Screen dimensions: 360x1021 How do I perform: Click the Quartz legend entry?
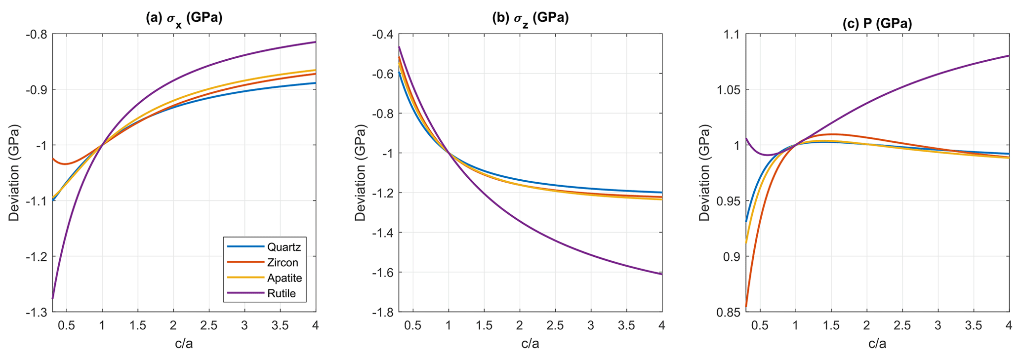[x=284, y=247]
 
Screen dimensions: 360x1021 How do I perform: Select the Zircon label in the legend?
[x=283, y=262]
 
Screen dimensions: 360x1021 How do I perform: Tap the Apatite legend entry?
[x=284, y=278]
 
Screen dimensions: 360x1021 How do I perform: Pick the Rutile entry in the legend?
[x=281, y=293]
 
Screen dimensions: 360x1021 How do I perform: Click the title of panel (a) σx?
[x=184, y=18]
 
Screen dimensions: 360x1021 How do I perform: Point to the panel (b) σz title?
[x=530, y=18]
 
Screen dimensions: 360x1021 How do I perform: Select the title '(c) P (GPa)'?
[x=877, y=23]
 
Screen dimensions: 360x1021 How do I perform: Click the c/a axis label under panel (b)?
[x=530, y=344]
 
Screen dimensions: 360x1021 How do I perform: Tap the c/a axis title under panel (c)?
[x=877, y=344]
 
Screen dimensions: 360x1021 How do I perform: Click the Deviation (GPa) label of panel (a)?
[x=14, y=173]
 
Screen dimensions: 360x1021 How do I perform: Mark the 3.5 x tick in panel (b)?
[x=626, y=325]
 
